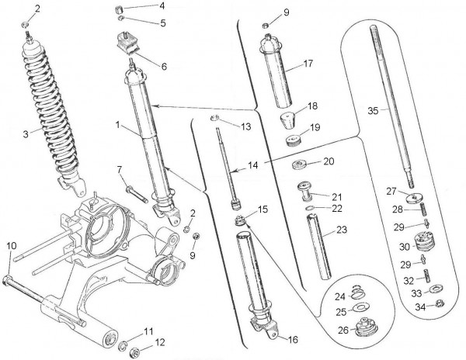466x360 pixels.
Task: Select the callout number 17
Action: point(308,64)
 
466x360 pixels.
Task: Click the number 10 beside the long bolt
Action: point(10,245)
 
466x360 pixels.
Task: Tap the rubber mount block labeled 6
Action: point(127,47)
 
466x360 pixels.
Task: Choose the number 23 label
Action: point(342,230)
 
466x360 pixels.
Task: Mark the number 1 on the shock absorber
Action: point(117,123)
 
